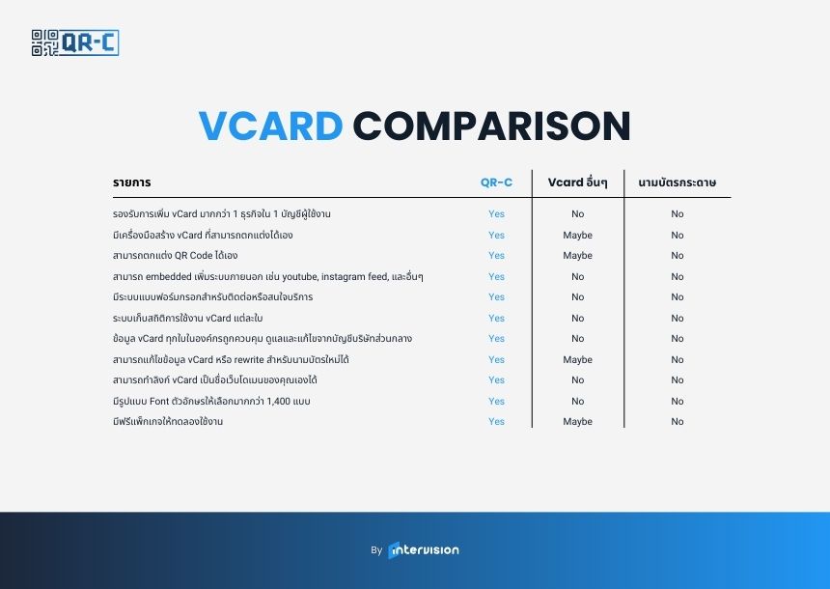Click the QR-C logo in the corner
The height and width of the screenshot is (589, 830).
(x=74, y=42)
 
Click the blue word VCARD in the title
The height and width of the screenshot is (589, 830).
(x=270, y=126)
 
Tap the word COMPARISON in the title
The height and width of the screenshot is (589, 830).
(x=491, y=126)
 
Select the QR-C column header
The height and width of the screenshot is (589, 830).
(x=496, y=182)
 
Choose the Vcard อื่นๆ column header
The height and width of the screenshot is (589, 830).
(x=577, y=182)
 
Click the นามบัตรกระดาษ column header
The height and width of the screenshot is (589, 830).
(x=677, y=182)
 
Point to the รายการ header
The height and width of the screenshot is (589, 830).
(x=132, y=182)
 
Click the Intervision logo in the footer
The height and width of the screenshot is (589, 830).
(x=424, y=550)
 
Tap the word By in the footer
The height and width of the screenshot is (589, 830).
(x=376, y=550)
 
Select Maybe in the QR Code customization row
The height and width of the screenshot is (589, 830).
(x=577, y=255)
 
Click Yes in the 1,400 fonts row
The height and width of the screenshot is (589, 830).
(x=496, y=401)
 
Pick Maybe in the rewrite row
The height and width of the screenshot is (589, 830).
(x=577, y=359)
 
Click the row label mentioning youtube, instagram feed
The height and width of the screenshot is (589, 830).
(x=268, y=276)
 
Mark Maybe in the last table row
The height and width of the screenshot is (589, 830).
(x=577, y=422)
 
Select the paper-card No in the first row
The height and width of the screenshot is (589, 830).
(x=677, y=214)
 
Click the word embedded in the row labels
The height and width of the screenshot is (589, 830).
(x=168, y=276)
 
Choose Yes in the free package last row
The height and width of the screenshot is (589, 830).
(x=496, y=422)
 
